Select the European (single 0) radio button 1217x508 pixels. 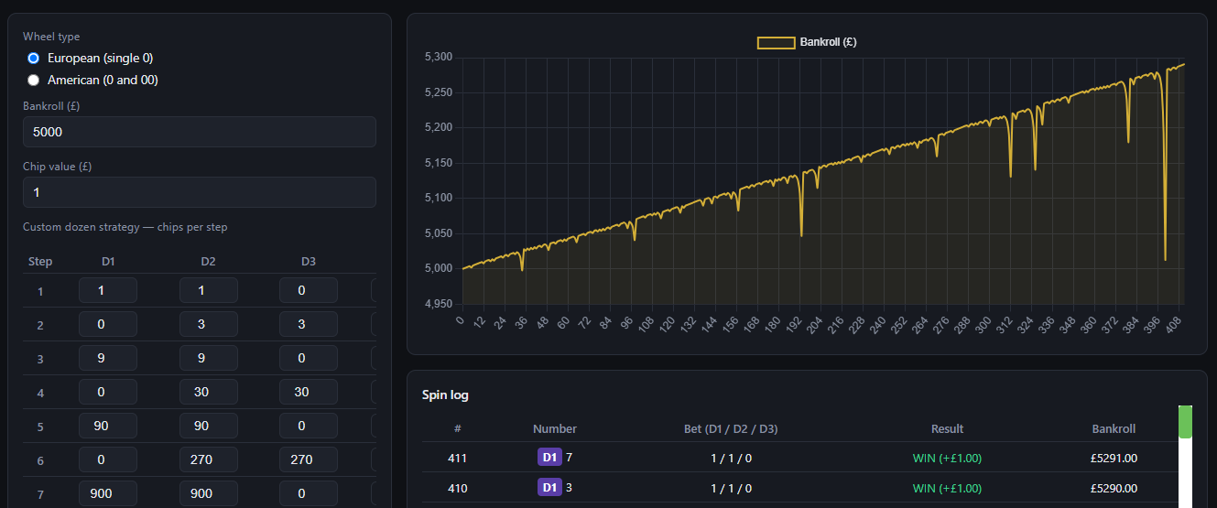34,59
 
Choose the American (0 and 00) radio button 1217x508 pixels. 34,81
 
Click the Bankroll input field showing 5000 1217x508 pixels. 200,132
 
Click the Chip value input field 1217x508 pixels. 200,192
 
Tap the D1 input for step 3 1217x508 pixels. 108,358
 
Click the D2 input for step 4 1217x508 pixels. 209,392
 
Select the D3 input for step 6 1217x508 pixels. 309,459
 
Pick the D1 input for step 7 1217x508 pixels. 108,493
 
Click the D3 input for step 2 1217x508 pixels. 309,324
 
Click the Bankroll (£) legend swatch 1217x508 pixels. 777,42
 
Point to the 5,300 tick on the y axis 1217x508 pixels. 439,57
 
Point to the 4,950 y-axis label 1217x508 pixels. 439,304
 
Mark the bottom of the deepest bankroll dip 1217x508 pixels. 1166,260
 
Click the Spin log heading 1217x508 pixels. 445,395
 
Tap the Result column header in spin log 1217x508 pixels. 947,428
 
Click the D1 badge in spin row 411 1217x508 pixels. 549,458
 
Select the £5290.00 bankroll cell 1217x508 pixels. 1114,488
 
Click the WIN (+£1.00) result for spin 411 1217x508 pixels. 947,458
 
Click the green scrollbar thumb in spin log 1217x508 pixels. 1185,422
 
